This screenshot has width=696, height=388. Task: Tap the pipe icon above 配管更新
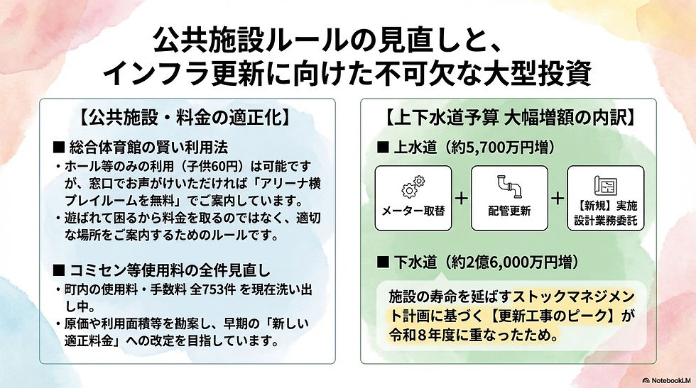point(509,186)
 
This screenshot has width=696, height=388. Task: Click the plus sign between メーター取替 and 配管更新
point(461,198)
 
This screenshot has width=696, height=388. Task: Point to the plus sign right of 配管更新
point(558,198)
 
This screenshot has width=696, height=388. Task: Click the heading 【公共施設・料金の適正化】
point(188,114)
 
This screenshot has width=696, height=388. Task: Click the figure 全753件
point(203,290)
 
